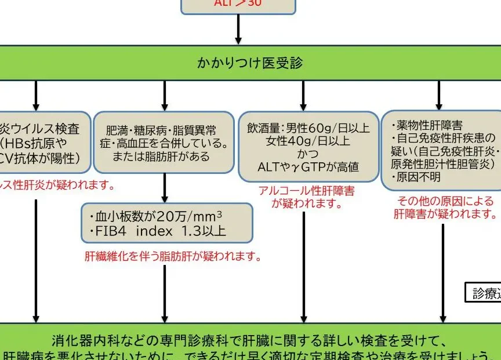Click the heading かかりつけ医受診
pyautogui.click(x=250, y=63)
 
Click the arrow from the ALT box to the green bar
pyautogui.click(x=238, y=28)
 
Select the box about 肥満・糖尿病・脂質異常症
pyautogui.click(x=165, y=143)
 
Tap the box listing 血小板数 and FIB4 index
pyautogui.click(x=167, y=223)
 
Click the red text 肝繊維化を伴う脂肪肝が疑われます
pyautogui.click(x=173, y=256)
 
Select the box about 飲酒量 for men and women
pyautogui.click(x=308, y=147)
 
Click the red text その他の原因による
pyautogui.click(x=445, y=201)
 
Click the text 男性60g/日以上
pyautogui.click(x=327, y=128)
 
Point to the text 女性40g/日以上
pyautogui.click(x=308, y=141)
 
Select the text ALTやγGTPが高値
pyautogui.click(x=308, y=167)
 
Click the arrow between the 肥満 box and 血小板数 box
pyautogui.click(x=165, y=188)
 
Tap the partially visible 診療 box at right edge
pyautogui.click(x=485, y=293)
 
